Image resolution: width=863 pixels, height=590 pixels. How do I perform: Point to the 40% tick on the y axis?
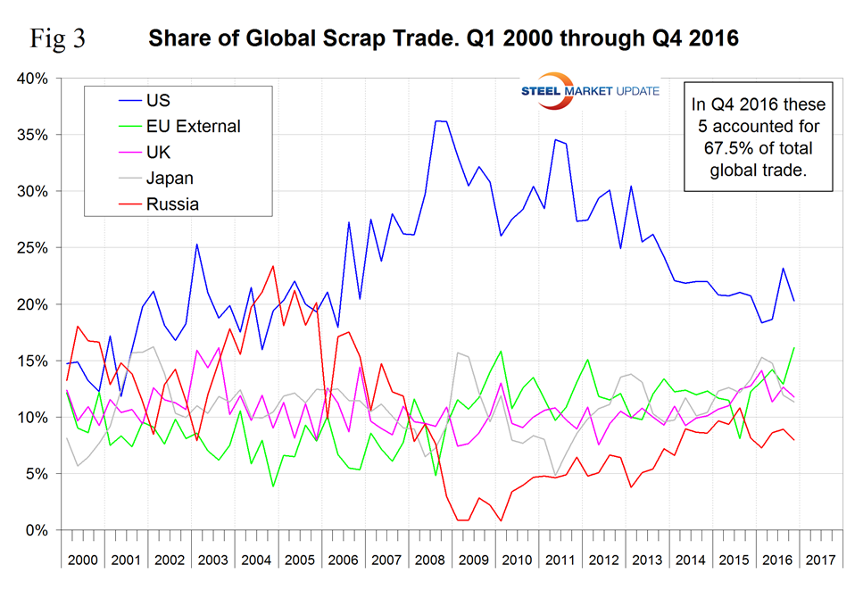click(x=34, y=79)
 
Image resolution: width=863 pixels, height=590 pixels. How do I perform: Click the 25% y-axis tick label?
click(x=34, y=248)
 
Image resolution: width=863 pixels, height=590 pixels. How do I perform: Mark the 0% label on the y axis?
click(x=37, y=530)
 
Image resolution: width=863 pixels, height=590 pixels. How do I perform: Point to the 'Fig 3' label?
click(x=57, y=39)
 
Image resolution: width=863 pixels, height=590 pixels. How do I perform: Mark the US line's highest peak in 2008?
click(x=437, y=120)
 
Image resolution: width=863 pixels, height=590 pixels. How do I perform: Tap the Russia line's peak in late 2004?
click(x=272, y=266)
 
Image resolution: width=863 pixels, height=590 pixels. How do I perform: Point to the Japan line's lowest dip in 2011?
click(x=555, y=476)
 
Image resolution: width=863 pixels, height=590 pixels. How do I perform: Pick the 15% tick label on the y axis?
click(x=34, y=361)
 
